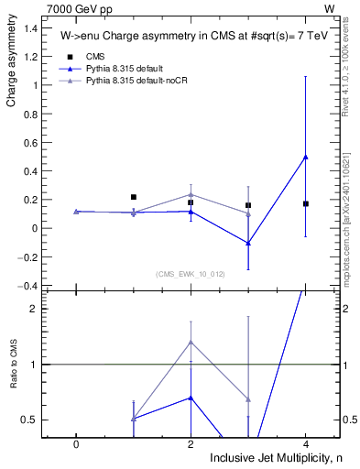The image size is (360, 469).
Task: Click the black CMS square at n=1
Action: [134, 197]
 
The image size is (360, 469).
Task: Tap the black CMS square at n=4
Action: [305, 203]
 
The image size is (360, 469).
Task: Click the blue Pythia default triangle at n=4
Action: [305, 157]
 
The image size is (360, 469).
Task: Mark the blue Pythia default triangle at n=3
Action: [248, 243]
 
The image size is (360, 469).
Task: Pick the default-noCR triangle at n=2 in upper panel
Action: [191, 194]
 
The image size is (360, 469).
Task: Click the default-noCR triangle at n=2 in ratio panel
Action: [191, 342]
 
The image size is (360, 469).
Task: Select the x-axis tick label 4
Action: [305, 442]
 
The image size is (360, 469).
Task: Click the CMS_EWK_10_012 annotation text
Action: [190, 274]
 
